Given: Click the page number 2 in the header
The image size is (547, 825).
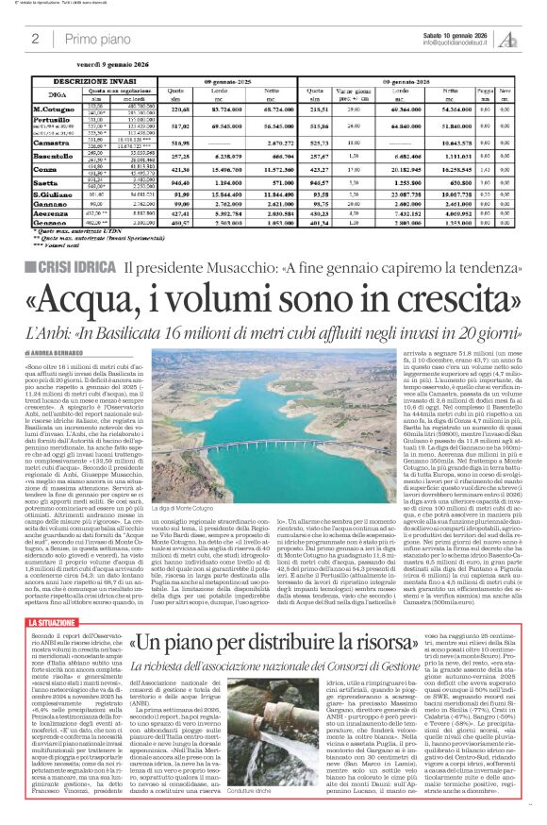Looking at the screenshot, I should tap(34, 38).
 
